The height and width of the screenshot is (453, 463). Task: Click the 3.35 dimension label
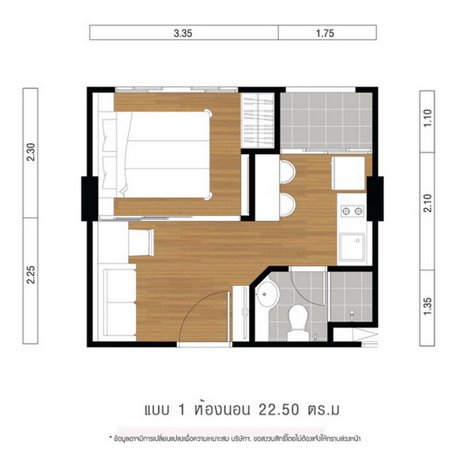(x=183, y=34)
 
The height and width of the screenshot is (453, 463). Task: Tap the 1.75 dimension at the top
(x=325, y=34)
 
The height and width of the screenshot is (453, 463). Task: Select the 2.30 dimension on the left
(x=31, y=152)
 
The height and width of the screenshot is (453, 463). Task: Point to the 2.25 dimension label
(x=31, y=274)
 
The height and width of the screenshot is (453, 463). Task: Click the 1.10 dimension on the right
(x=428, y=118)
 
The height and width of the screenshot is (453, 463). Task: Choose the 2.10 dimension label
(x=428, y=203)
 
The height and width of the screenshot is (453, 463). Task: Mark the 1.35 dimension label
(x=428, y=306)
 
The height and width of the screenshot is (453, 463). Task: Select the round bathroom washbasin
(x=268, y=294)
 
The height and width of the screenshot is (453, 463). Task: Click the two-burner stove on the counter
(x=352, y=211)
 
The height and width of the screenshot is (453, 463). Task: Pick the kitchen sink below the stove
(x=352, y=247)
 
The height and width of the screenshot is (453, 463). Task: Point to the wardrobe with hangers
(x=258, y=121)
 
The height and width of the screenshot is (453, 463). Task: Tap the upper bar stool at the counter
(x=288, y=172)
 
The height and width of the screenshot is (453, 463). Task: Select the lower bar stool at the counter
(x=288, y=205)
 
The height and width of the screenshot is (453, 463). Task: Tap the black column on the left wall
(x=90, y=198)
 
